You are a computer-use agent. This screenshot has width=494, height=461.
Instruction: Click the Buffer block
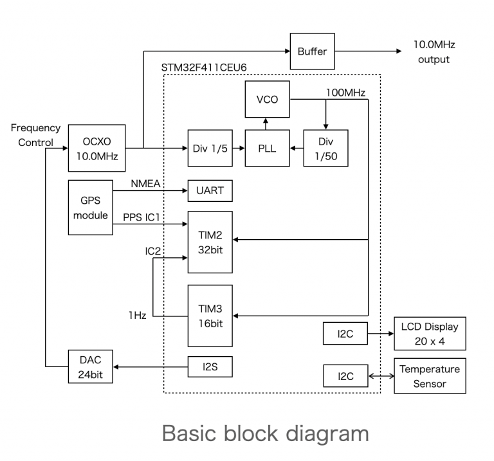[312, 51]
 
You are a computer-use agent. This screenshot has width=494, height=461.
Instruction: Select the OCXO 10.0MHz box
[91, 147]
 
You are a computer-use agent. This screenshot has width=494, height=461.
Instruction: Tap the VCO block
[266, 100]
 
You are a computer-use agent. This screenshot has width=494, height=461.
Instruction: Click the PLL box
[266, 148]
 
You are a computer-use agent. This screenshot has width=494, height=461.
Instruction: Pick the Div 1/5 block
[208, 148]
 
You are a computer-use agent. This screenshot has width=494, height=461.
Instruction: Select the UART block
[209, 190]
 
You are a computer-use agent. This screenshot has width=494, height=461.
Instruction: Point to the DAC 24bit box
[91, 366]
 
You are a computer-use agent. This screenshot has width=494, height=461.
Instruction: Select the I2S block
[209, 366]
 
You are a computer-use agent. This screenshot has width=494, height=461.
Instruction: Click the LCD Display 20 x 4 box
[430, 334]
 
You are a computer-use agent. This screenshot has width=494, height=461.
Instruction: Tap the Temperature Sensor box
[430, 377]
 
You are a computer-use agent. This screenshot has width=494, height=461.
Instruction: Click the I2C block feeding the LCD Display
[345, 334]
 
